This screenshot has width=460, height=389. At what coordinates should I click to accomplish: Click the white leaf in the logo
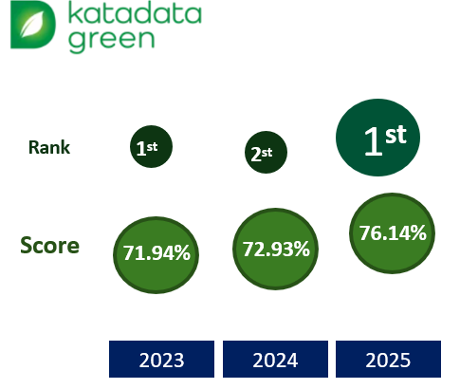[32, 24]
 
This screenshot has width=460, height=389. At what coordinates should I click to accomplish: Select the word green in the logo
[112, 41]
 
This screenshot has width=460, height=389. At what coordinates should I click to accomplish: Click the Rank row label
[49, 147]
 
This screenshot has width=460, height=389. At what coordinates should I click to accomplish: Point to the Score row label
[49, 246]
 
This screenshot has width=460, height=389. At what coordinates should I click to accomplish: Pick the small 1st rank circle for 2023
[151, 146]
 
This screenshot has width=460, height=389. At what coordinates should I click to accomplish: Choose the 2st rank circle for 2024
[266, 152]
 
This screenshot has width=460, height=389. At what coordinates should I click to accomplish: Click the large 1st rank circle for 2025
[377, 138]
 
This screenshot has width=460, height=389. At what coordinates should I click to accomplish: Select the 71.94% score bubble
[156, 255]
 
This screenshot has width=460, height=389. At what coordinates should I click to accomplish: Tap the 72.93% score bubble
[275, 249]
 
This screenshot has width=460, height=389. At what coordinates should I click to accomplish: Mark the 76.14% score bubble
[392, 233]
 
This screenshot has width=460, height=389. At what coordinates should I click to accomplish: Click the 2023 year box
[161, 359]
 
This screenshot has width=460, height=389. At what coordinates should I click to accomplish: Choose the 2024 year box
[275, 359]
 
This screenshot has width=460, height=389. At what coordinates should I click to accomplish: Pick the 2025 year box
[388, 359]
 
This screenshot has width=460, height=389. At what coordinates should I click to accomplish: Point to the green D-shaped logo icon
[33, 25]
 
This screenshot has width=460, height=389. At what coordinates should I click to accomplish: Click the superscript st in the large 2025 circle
[396, 135]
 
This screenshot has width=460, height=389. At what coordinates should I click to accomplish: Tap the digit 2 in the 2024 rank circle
[255, 155]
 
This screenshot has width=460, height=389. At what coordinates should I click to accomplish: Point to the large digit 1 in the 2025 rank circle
[374, 141]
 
